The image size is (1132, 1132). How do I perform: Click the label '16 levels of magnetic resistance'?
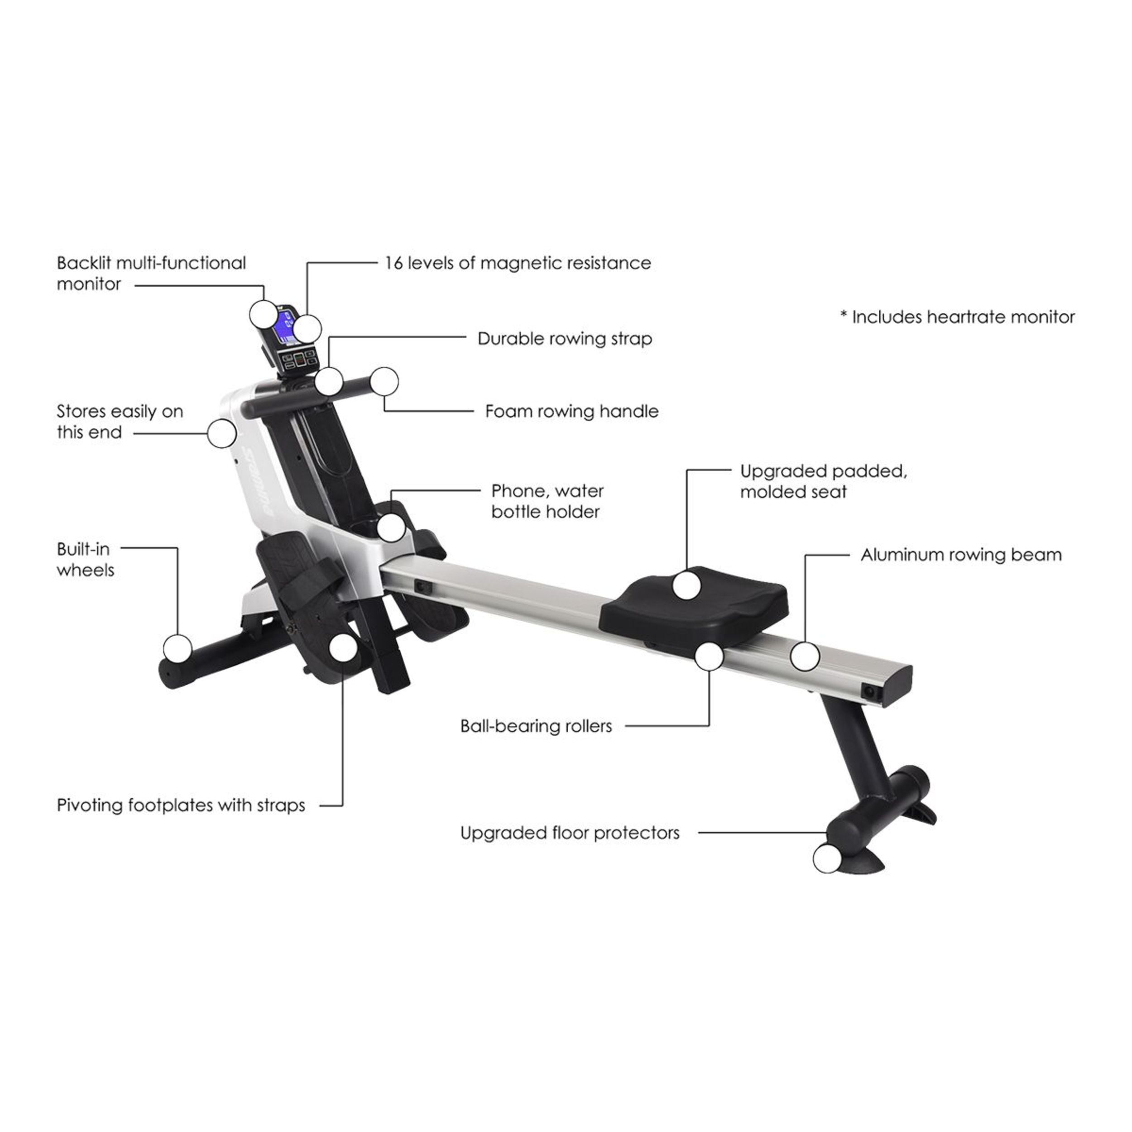coord(518,264)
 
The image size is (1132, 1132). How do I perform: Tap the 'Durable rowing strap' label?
coord(565,339)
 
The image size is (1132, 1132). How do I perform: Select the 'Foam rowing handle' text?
coord(572,411)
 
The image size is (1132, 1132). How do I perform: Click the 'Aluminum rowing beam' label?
coord(961,555)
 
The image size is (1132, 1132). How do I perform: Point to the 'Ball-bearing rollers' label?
coord(536,726)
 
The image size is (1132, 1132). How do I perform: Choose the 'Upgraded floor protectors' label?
coord(570,833)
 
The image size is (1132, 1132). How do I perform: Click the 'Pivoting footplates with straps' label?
coord(181,805)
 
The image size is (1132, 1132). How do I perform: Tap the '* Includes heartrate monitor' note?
coord(957,317)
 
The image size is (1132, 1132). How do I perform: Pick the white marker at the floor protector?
coord(827,859)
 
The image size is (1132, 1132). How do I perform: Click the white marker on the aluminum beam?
coord(805,656)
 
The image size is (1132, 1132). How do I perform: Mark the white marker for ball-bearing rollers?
coord(710,656)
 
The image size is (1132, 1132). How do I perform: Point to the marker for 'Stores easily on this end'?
coord(221,434)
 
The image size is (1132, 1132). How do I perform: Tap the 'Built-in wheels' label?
coord(86,560)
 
